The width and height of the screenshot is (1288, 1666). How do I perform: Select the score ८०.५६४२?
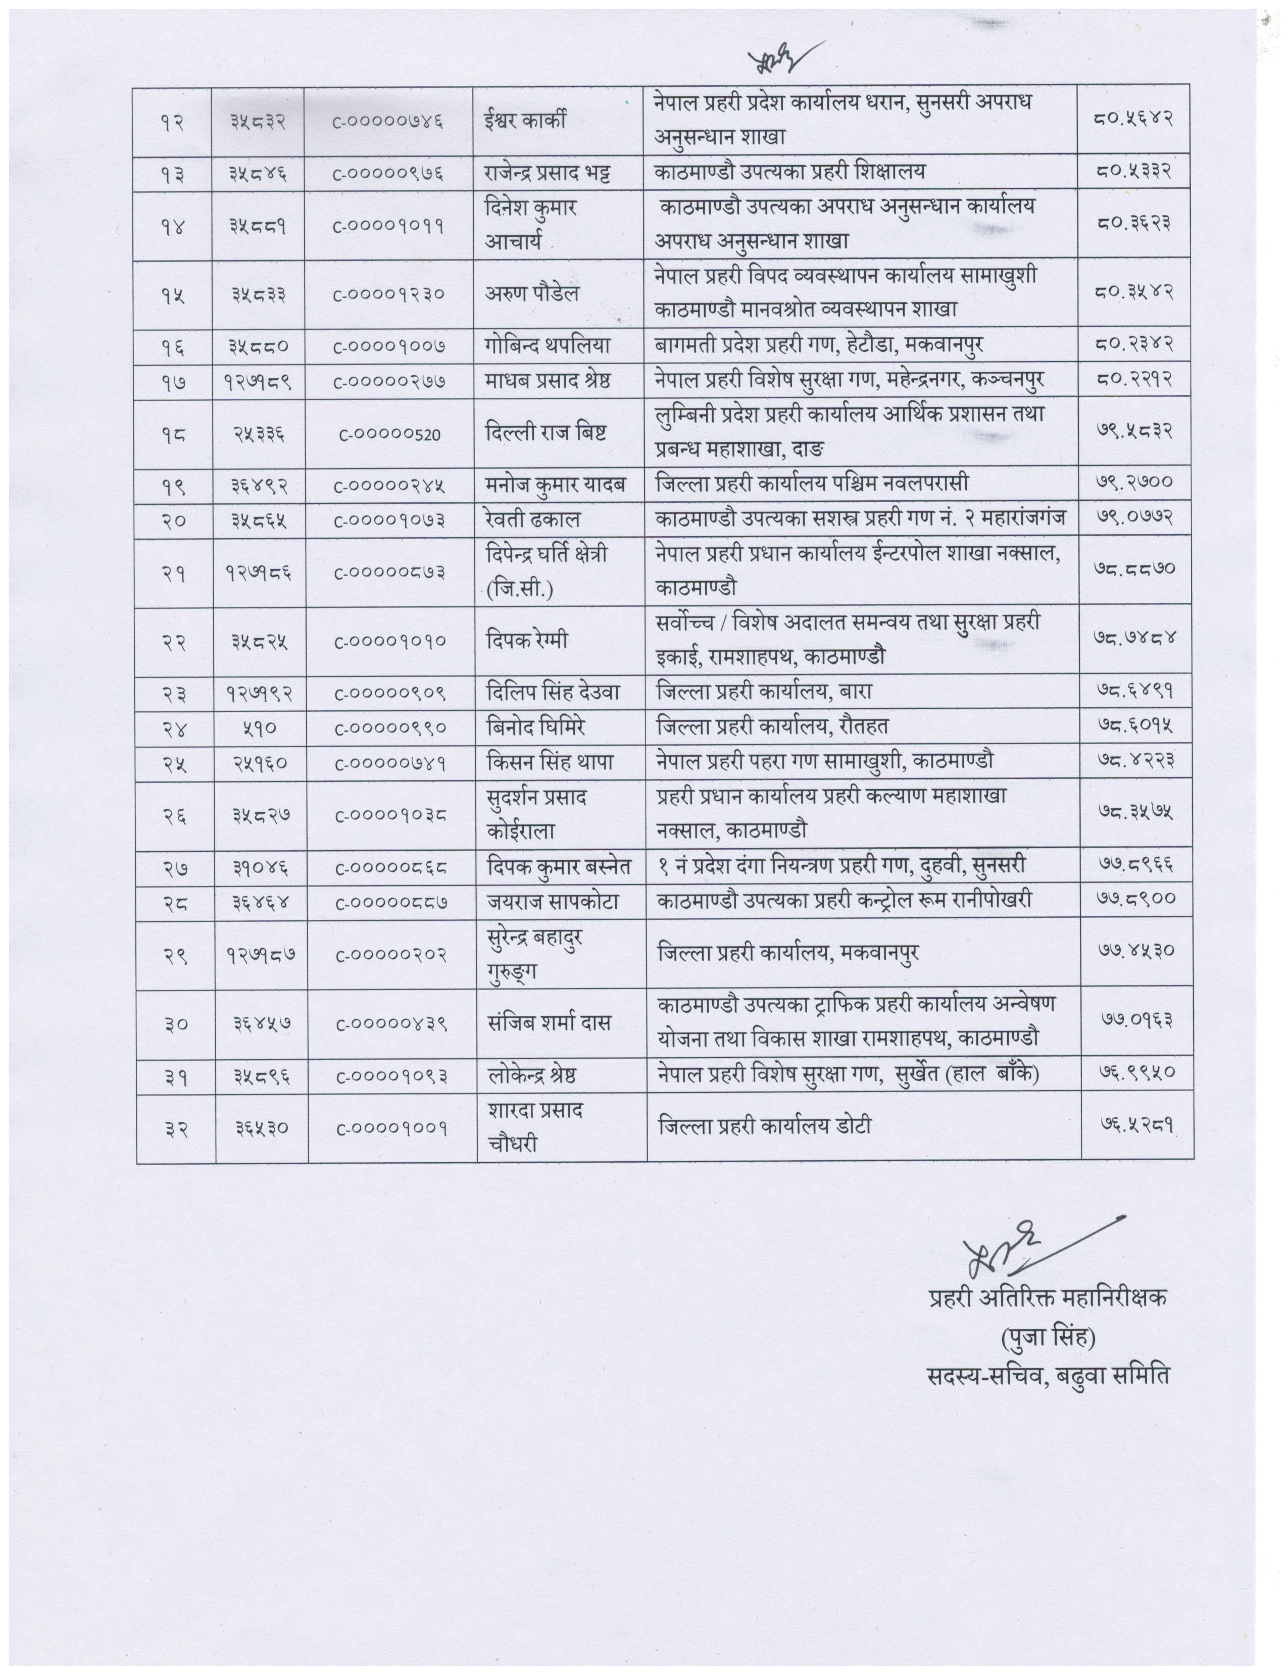click(1133, 121)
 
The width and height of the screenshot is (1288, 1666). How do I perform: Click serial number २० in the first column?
click(175, 520)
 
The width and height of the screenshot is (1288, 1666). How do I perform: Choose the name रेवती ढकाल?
click(532, 520)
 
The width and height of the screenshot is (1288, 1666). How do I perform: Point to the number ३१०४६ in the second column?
click(261, 866)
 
